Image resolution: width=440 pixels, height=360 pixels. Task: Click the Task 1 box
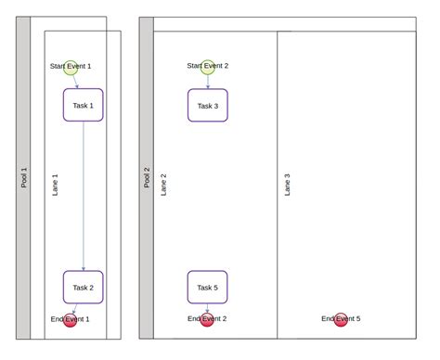83,105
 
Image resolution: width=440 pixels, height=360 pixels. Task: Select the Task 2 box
83,287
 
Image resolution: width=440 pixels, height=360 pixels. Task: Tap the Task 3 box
207,105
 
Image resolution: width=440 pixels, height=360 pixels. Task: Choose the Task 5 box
207,287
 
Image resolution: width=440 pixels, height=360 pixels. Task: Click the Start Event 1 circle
71,66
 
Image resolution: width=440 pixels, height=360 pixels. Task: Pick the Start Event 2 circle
207,66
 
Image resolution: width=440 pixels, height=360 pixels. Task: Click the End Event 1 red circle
71,319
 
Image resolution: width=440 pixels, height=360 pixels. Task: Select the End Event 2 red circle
207,319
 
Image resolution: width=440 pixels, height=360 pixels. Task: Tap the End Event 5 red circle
341,319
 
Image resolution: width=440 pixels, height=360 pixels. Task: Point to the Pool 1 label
24,177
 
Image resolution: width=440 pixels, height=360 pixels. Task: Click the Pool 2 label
147,177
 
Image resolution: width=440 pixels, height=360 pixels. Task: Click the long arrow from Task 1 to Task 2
84,195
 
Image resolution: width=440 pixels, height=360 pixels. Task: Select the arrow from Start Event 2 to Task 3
207,82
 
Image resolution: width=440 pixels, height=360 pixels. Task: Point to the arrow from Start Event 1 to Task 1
75,81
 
